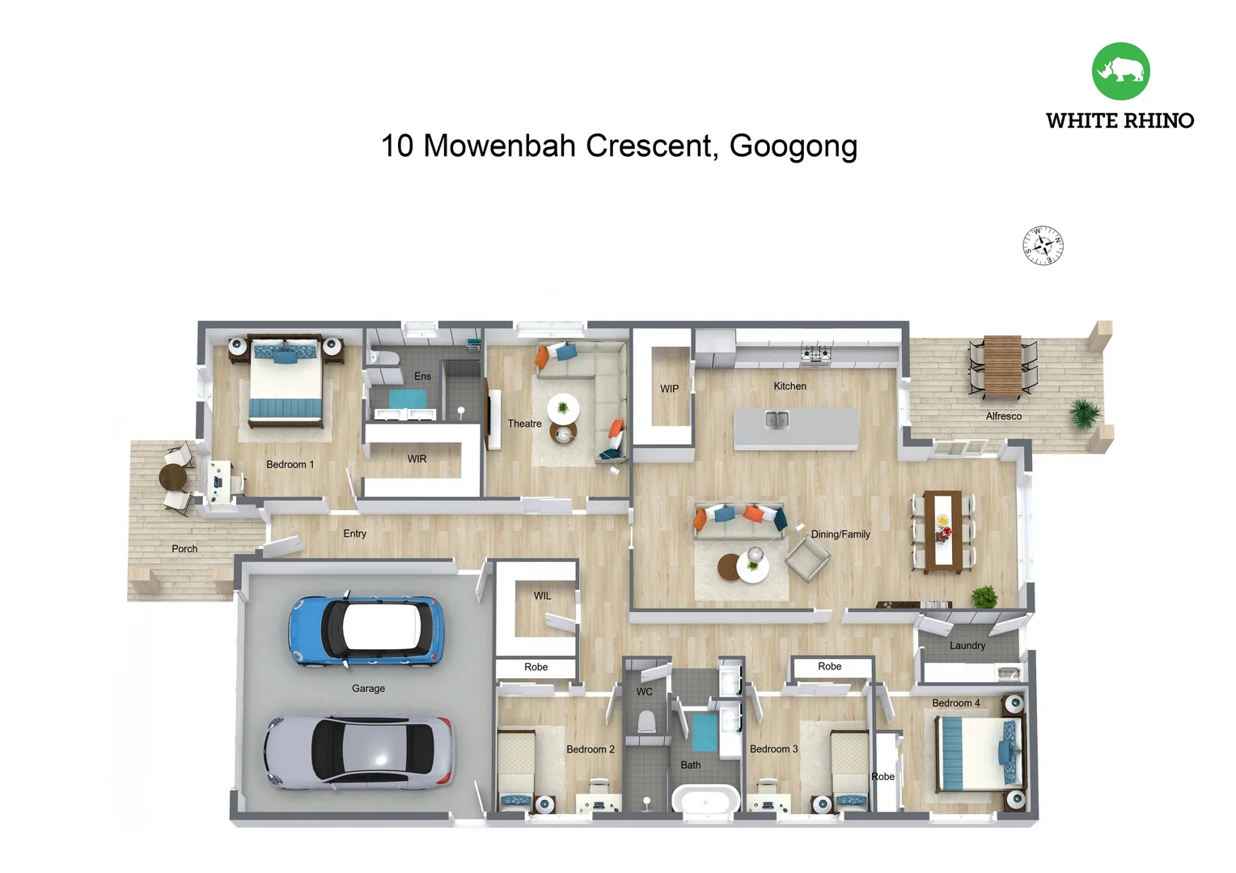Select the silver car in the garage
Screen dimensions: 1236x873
tap(359, 753)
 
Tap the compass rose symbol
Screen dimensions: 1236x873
tap(1043, 246)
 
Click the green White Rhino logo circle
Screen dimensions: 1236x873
tap(1120, 71)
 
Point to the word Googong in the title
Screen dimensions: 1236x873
tap(794, 146)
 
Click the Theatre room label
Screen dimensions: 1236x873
tap(524, 424)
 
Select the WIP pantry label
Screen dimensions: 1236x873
tap(669, 389)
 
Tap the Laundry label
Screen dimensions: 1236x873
tap(967, 646)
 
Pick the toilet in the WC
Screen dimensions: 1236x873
tap(646, 722)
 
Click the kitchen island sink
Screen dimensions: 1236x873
tap(777, 420)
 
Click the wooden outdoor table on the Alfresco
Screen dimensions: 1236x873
tap(1002, 366)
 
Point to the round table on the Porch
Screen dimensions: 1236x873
tap(173, 477)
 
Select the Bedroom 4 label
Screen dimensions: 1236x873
tap(955, 703)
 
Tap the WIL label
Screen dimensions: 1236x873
tap(542, 596)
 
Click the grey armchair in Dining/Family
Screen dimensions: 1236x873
tap(808, 558)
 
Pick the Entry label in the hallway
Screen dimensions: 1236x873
tap(354, 533)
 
